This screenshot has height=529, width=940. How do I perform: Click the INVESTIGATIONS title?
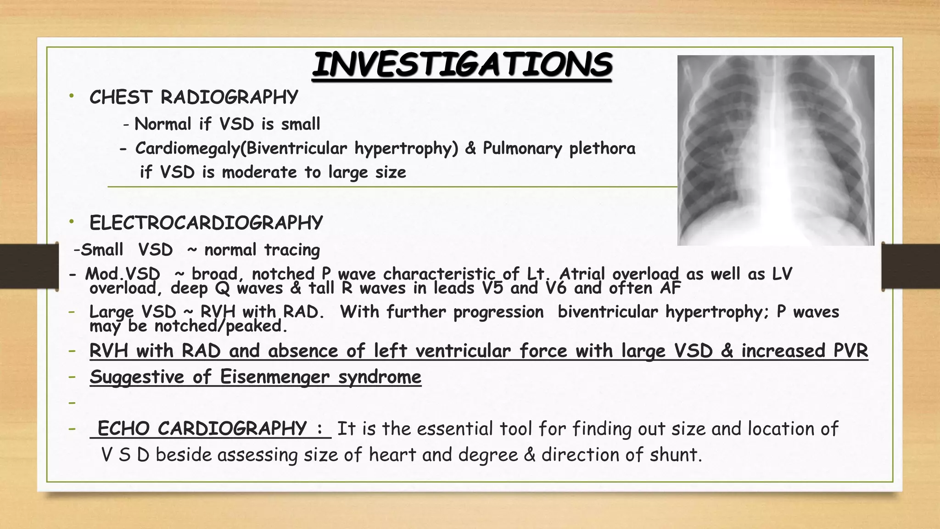(461, 65)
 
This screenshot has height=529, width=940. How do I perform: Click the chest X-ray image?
(776, 150)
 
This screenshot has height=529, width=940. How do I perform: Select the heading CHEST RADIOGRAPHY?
(193, 97)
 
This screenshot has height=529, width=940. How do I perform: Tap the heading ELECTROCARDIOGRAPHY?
(206, 223)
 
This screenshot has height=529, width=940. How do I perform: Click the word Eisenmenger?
(274, 377)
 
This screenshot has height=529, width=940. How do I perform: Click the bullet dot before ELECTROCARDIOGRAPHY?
(71, 222)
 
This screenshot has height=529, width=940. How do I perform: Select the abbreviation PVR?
(850, 351)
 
